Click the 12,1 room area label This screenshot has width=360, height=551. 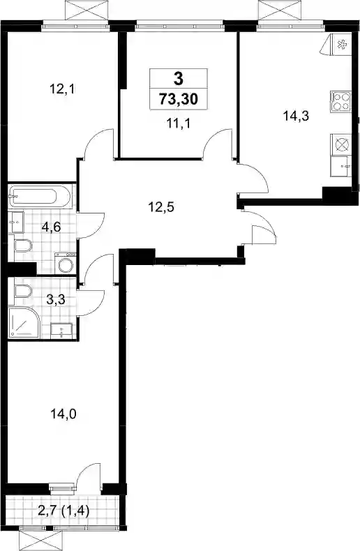coord(63,89)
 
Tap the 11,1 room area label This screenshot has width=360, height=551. coord(179,123)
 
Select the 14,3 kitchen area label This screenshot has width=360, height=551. coord(296,116)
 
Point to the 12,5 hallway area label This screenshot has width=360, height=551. coord(161,207)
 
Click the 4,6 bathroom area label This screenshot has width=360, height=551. coord(52,227)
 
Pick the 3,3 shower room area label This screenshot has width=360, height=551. coord(56,300)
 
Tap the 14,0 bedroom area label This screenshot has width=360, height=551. coord(63,415)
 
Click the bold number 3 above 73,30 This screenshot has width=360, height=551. coord(179,79)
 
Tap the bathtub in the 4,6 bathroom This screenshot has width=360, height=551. coord(33,197)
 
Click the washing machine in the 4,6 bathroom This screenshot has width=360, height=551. coord(66,263)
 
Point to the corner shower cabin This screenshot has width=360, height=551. coord(24,323)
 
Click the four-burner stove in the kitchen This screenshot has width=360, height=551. coord(340,102)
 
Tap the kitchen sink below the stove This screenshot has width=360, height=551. coord(340,167)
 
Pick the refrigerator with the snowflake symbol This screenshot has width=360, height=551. coord(340,44)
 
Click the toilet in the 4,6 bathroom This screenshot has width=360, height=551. coord(22,246)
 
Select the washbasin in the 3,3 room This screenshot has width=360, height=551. coord(62,331)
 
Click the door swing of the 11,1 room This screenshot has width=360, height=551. coord(216,139)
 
